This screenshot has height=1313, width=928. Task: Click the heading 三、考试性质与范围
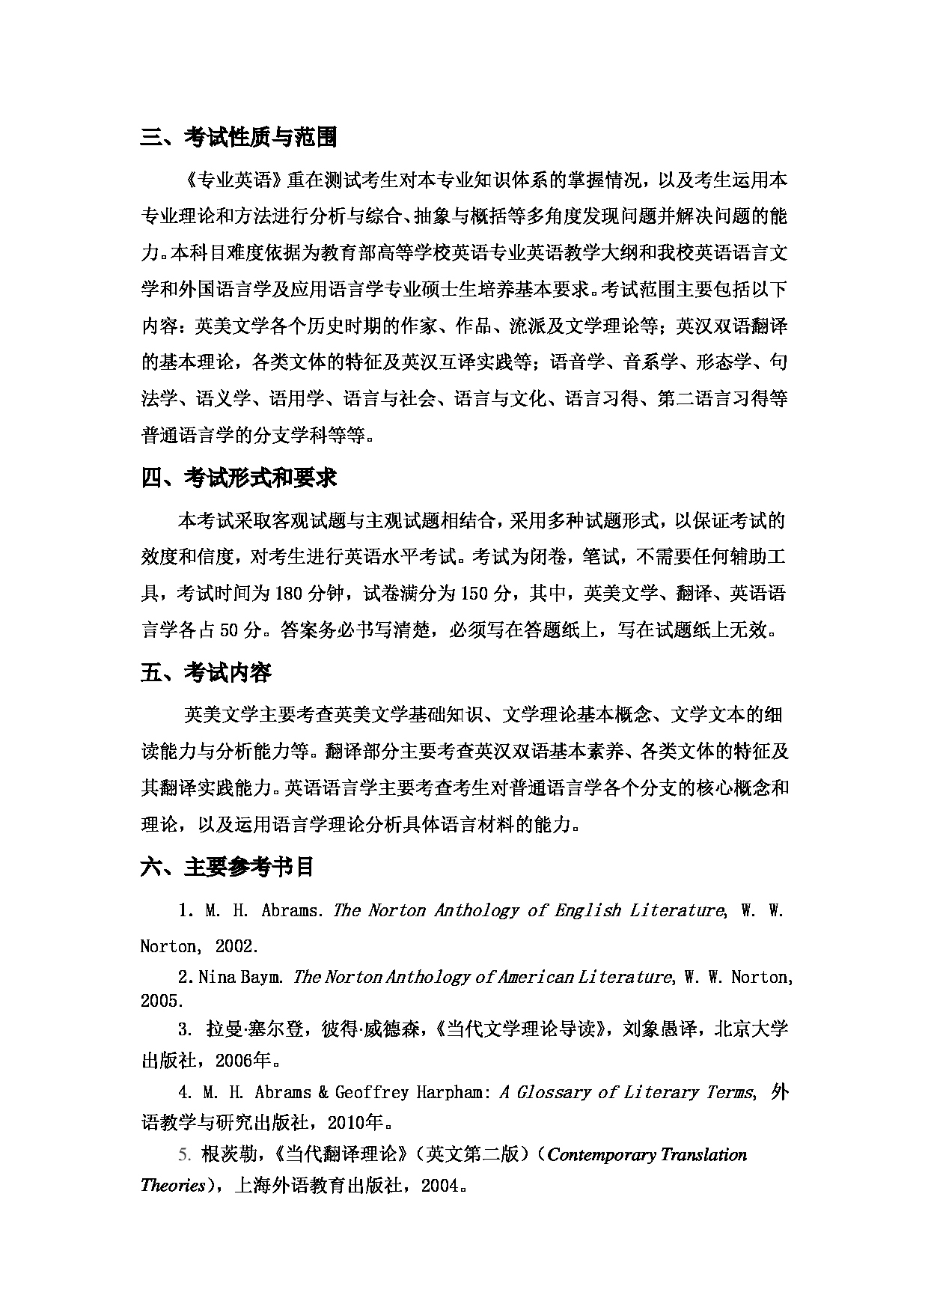click(239, 137)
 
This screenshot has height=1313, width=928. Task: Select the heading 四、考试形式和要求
click(239, 478)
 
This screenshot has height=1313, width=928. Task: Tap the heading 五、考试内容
click(207, 673)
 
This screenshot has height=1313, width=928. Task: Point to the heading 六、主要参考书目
click(228, 867)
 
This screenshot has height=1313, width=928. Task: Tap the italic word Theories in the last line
click(172, 1185)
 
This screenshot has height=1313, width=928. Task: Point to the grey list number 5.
click(184, 1154)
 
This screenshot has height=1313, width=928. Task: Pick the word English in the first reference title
click(588, 910)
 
